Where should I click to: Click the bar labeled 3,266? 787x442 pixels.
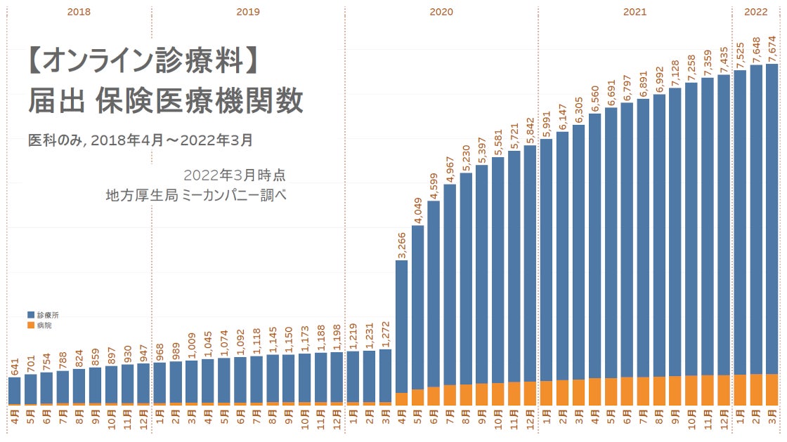(401, 330)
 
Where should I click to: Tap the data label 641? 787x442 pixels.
(15, 367)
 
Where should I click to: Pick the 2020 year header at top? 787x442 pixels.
(441, 12)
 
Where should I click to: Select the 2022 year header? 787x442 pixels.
(756, 12)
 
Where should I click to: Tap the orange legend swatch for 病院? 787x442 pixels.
(31, 326)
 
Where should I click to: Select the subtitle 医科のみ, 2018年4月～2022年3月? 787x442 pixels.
(140, 140)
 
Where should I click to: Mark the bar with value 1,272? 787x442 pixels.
(385, 375)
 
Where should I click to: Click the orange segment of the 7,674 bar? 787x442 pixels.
(772, 389)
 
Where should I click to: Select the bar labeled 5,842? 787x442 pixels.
(531, 267)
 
